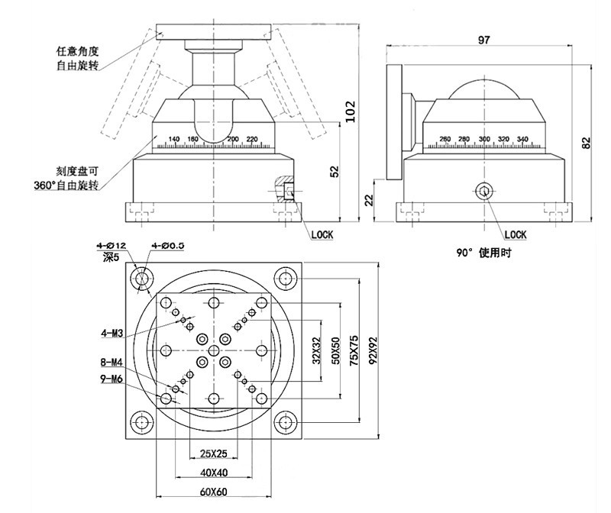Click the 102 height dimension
click(351, 113)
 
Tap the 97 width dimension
click(483, 40)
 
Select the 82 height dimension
click(586, 143)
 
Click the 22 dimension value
click(368, 200)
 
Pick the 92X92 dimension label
click(373, 350)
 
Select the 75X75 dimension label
click(353, 350)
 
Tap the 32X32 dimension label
click(316, 350)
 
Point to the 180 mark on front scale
click(192, 138)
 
